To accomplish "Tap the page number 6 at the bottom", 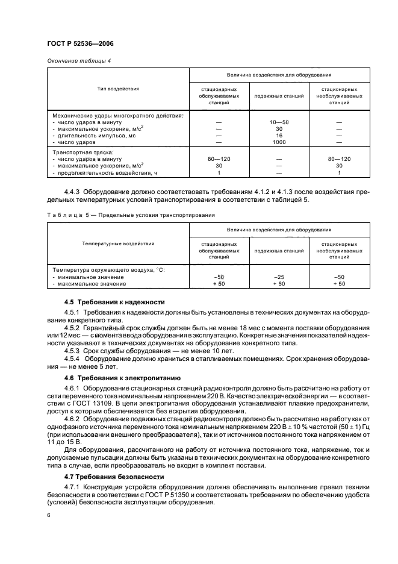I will pos(48,515).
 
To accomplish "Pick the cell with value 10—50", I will pos(279,122).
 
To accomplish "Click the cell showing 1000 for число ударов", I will pos(279,142).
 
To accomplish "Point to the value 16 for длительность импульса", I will pos(279,136).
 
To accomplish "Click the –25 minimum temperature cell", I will pos(279,277).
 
